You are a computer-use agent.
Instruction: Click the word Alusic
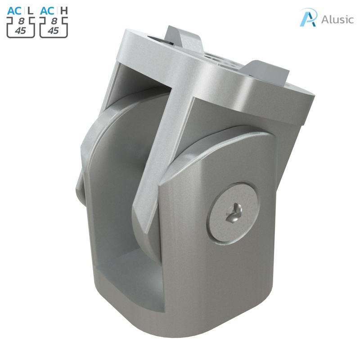[337, 19]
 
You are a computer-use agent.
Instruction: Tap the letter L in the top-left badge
[31, 9]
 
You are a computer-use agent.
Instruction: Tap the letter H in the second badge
[64, 9]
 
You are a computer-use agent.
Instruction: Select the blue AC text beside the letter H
[48, 9]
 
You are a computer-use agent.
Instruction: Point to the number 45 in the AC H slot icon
[53, 31]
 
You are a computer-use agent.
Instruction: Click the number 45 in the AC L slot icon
[20, 31]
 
